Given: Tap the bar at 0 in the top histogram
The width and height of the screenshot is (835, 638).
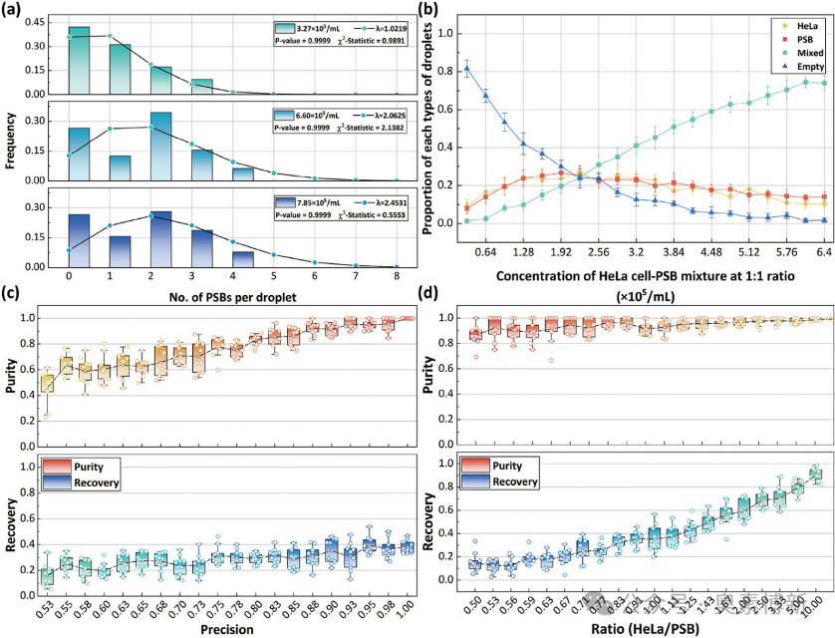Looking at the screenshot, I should (x=69, y=60).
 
